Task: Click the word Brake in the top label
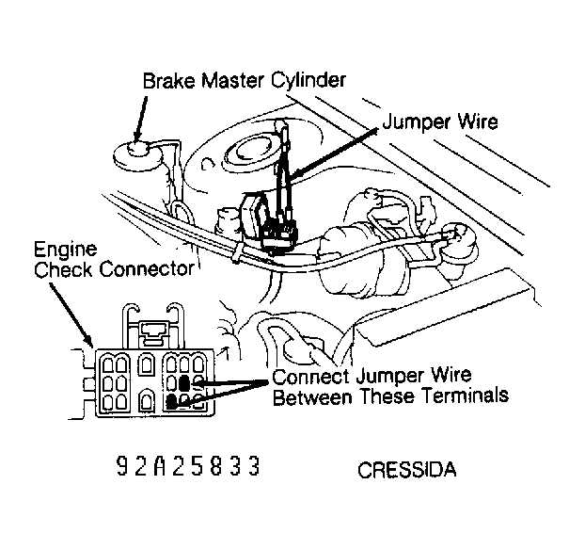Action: point(166,82)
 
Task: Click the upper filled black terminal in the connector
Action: point(185,381)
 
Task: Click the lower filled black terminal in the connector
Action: point(174,402)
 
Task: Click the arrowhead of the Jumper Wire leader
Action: point(291,178)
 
